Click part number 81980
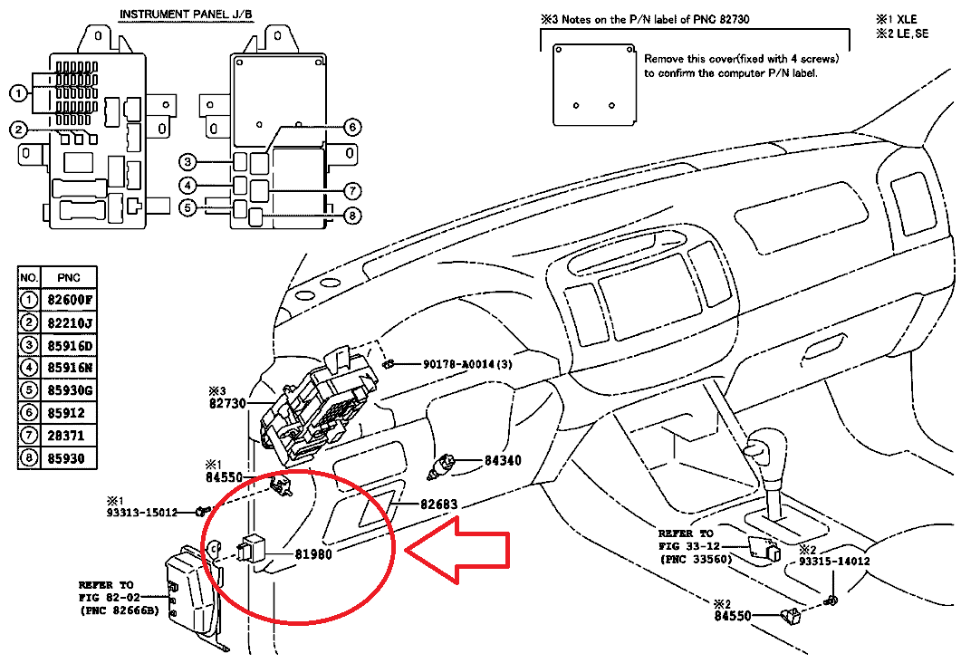click(316, 552)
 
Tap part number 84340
click(503, 460)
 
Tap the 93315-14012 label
click(833, 562)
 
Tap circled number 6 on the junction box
click(353, 127)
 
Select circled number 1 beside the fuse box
click(17, 92)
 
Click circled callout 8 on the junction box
click(353, 216)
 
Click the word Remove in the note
click(665, 58)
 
